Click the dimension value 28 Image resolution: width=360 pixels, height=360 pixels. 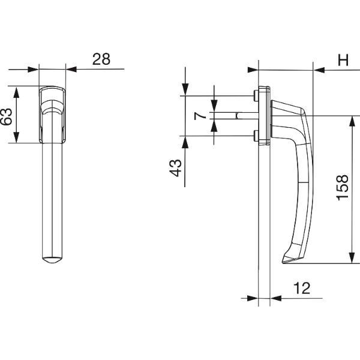101,59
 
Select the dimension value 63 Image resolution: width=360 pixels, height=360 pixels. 6,116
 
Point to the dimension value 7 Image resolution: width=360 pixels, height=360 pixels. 200,116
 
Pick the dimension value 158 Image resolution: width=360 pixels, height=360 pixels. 343,188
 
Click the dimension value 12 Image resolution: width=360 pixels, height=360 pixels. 302,288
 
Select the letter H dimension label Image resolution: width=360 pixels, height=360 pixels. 343,60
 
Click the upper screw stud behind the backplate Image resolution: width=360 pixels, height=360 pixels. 256,96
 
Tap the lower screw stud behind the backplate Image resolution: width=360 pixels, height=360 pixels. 256,136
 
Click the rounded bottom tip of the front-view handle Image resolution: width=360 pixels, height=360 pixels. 52,260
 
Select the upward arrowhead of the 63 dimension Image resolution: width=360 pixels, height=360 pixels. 16,92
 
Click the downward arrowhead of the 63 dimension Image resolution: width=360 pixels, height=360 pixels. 16,138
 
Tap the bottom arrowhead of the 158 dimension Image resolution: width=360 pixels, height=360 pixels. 352,258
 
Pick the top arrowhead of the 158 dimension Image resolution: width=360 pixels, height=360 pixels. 352,121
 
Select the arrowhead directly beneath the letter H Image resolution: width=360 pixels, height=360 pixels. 319,70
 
